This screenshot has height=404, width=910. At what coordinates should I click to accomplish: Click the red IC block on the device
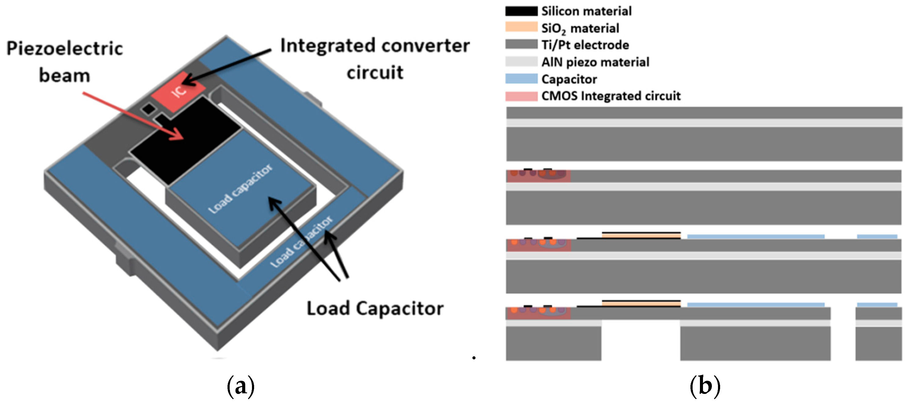(x=178, y=91)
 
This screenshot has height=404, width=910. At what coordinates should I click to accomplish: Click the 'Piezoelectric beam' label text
(x=65, y=62)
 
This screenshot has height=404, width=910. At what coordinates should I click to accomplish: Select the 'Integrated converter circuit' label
(x=375, y=59)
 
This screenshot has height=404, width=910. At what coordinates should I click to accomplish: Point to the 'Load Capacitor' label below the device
(x=375, y=308)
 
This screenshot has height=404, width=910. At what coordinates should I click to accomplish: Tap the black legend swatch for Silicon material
(x=521, y=11)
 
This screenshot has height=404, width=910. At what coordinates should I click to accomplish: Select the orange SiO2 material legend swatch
(x=521, y=28)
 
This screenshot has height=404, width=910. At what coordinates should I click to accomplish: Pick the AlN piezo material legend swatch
(x=521, y=61)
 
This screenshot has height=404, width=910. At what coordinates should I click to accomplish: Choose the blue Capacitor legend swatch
(x=521, y=79)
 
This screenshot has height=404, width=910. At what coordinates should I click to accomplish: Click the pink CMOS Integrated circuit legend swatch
(x=521, y=96)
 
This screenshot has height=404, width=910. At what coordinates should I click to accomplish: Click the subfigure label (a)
(x=241, y=386)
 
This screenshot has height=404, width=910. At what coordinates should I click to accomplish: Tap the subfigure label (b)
(x=705, y=386)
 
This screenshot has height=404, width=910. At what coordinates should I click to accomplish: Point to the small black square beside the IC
(x=148, y=109)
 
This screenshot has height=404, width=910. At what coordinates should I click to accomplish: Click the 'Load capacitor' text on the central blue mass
(x=241, y=189)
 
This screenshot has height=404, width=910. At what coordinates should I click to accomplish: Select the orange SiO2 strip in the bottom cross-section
(x=641, y=304)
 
